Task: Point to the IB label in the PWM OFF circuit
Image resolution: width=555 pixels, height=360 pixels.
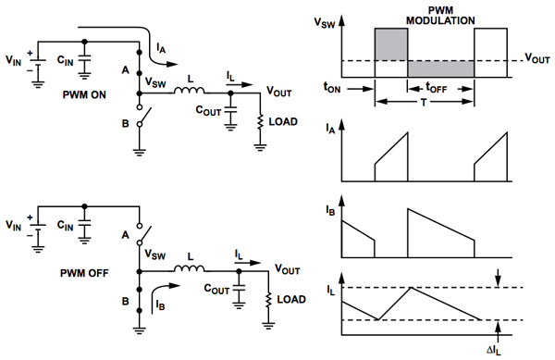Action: (158, 303)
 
